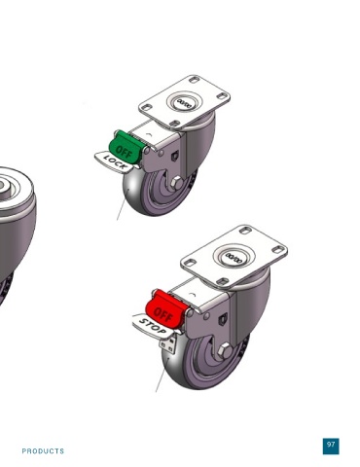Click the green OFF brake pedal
125,147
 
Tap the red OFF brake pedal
164,310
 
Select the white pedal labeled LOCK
114,162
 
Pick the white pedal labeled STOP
153,327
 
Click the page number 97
331,445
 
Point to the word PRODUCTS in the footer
43,451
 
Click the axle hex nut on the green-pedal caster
176,183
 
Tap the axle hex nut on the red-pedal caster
225,351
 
